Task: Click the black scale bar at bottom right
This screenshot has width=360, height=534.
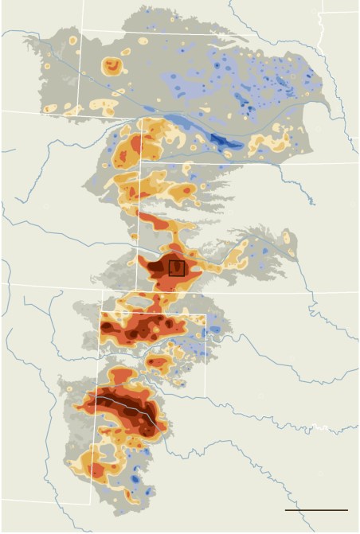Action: click(x=316, y=509)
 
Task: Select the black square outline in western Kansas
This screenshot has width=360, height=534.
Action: click(x=177, y=268)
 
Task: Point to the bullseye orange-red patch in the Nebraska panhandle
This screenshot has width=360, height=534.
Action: click(x=112, y=67)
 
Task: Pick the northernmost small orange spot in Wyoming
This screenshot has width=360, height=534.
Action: click(x=72, y=40)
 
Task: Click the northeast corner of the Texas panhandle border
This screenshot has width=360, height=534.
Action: click(x=205, y=316)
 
